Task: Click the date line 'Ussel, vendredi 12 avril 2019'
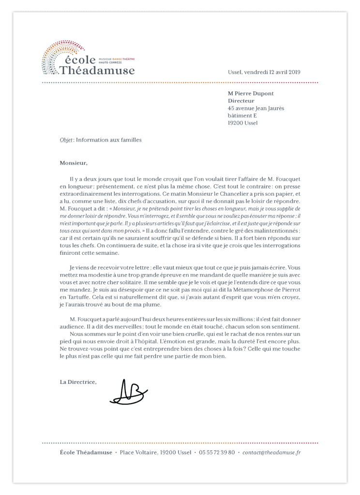point(264,72)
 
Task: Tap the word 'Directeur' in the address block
point(241,101)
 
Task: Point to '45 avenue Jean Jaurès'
point(256,108)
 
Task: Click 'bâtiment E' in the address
point(242,116)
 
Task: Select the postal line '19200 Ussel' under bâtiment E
point(243,123)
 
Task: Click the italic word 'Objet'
point(66,140)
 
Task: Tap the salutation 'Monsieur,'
point(74,163)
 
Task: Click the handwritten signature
point(128,393)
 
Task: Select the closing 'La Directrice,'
point(78,382)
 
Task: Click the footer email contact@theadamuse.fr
point(271,452)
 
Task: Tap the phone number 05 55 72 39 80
point(217,452)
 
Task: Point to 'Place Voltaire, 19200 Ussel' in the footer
point(155,452)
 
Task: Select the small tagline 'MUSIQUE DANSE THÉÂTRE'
point(117,58)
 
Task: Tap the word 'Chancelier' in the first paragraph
point(221,193)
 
